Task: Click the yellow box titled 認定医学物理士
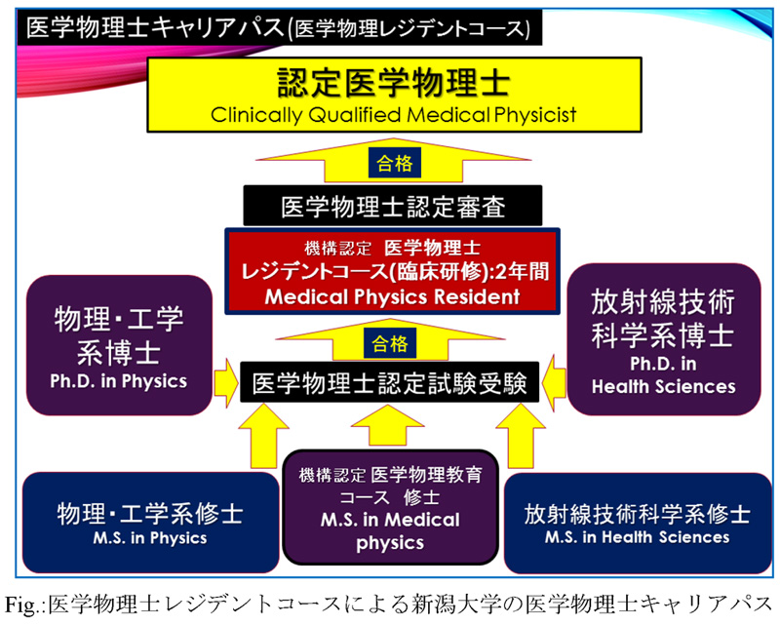[394, 95]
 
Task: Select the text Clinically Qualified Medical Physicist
[394, 115]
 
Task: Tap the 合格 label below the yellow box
[395, 163]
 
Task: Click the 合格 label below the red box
[390, 343]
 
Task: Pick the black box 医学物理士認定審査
[393, 206]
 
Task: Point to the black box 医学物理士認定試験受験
[389, 382]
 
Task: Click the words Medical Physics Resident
[393, 296]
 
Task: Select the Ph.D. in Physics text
[118, 381]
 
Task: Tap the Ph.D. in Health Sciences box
[664, 339]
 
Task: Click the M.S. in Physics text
[150, 538]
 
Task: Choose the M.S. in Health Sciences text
[638, 537]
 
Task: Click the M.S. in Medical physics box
[391, 507]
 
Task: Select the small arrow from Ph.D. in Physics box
[226, 382]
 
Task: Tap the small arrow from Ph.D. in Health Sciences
[554, 383]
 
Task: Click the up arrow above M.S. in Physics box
[263, 436]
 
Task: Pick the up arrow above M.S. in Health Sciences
[521, 436]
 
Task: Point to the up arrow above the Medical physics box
[387, 425]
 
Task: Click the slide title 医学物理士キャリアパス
[155, 27]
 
